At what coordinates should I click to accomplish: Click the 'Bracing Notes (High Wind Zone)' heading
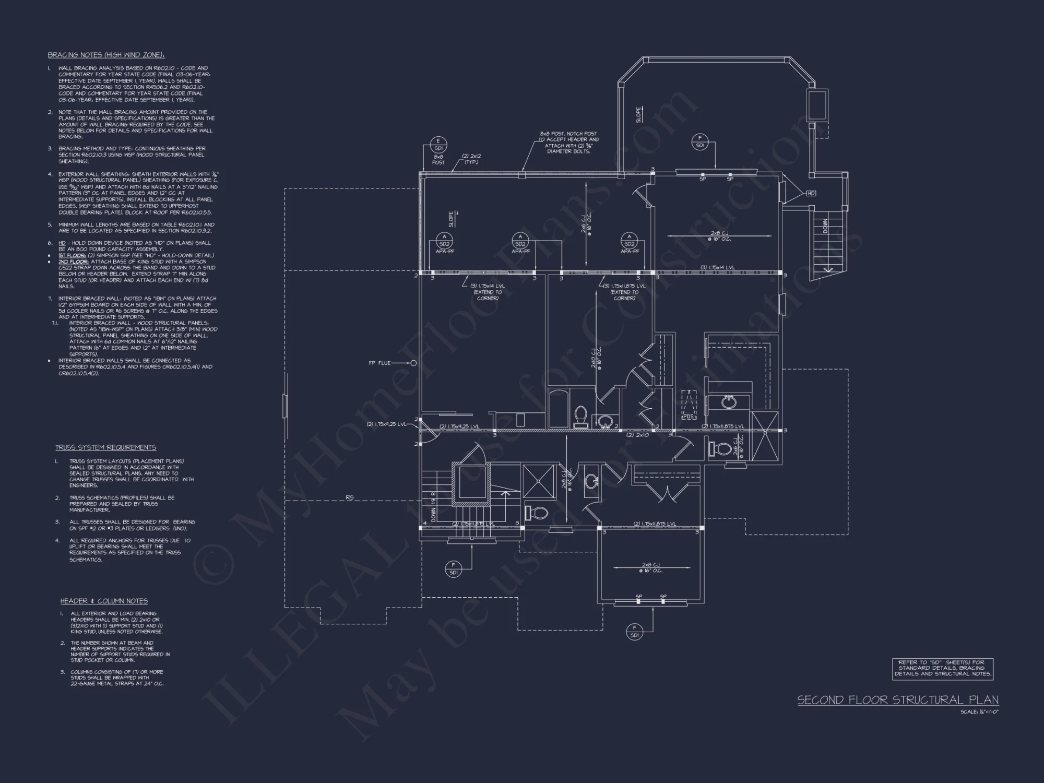pyautogui.click(x=106, y=55)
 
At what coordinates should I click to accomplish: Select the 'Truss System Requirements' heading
pyautogui.click(x=106, y=447)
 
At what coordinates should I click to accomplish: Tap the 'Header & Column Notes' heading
pyautogui.click(x=104, y=601)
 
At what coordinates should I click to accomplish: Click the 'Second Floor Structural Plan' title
pyautogui.click(x=898, y=700)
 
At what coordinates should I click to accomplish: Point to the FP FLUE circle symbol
pyautogui.click(x=413, y=363)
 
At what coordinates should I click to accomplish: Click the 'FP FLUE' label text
pyautogui.click(x=379, y=363)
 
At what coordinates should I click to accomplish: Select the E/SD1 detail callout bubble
pyautogui.click(x=438, y=145)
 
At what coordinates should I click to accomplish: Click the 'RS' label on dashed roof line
pyautogui.click(x=349, y=497)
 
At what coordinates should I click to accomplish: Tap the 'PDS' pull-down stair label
pyautogui.click(x=688, y=417)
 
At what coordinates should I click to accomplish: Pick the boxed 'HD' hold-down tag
pyautogui.click(x=811, y=194)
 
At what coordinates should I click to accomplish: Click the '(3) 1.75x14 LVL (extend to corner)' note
pyautogui.click(x=487, y=292)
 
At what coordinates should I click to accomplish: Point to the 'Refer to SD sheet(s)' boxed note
pyautogui.click(x=943, y=668)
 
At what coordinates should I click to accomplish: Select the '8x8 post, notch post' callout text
pyautogui.click(x=569, y=143)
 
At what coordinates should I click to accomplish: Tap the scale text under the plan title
pyautogui.click(x=979, y=712)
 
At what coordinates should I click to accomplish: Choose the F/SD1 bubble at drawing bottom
pyautogui.click(x=635, y=631)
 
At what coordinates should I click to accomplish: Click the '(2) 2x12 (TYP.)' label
pyautogui.click(x=471, y=159)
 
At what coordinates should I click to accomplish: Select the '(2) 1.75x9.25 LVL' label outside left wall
pyautogui.click(x=386, y=424)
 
